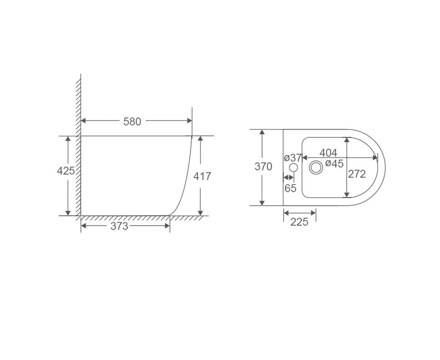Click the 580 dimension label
(132, 122)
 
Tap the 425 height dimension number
(66, 171)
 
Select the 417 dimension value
(202, 176)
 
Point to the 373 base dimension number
(119, 226)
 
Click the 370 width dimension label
(263, 166)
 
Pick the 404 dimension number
(328, 153)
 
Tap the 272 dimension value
(357, 174)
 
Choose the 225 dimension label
(299, 222)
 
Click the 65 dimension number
(290, 188)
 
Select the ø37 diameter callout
(293, 158)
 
